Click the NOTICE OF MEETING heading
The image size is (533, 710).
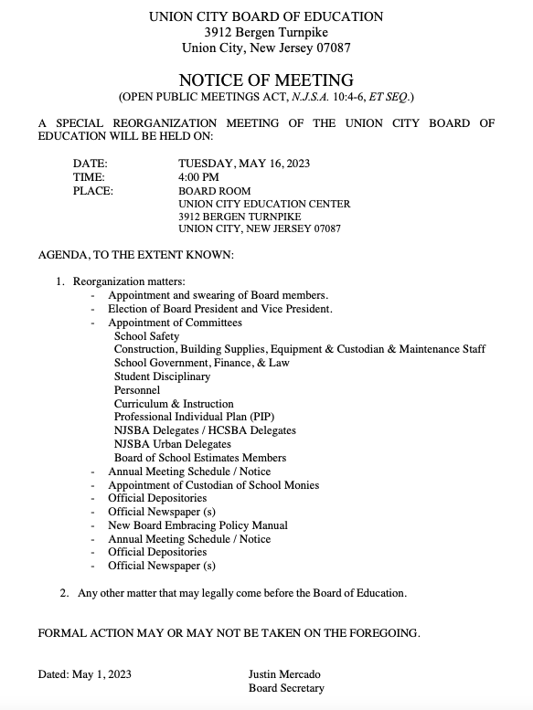pos(266,80)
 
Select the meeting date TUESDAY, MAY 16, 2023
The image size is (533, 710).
pos(244,164)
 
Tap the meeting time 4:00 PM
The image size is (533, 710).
pos(198,177)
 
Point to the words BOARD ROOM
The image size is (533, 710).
pos(214,191)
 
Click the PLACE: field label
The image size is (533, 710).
pos(92,191)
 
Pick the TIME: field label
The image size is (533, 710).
pos(89,177)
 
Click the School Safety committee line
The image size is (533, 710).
pos(146,336)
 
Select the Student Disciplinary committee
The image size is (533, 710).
pos(162,376)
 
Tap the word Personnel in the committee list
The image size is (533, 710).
pos(137,390)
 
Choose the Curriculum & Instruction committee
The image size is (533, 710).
pos(174,404)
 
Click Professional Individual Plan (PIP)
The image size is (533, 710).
pos(187,417)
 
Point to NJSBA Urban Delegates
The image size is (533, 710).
pos(173,444)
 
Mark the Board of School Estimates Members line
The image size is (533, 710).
pos(200,458)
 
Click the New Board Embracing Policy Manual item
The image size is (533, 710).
pos(197,525)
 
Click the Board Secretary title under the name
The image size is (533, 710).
pos(286,688)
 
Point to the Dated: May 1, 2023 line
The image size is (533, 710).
pos(84,674)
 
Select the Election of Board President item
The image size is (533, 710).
pos(219,309)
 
